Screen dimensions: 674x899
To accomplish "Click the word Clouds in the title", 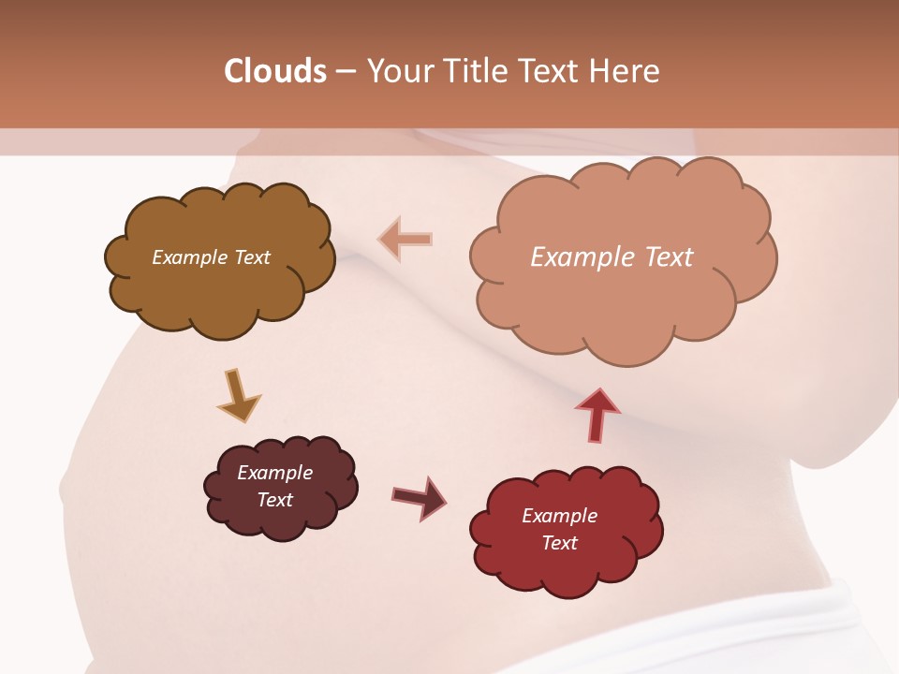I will tap(275, 71).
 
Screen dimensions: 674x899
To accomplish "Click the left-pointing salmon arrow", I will tap(405, 239).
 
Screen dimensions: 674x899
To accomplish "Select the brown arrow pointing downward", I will tap(238, 395).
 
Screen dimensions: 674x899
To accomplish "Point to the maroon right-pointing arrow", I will tap(419, 497).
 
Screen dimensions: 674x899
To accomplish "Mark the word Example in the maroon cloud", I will tap(274, 473).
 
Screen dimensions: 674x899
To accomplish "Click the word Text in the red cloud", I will tap(559, 543).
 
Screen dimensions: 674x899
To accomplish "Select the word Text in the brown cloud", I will tap(251, 257).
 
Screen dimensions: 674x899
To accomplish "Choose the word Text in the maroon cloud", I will tap(274, 500).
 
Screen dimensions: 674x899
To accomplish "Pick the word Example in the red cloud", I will tap(559, 516).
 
